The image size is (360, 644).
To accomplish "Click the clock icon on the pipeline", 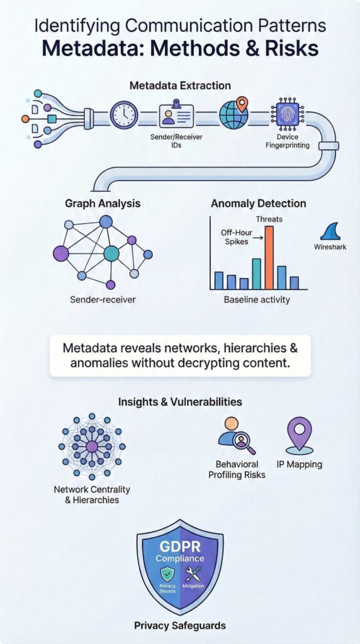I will tap(123, 115).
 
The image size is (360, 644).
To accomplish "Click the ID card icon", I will tap(176, 114).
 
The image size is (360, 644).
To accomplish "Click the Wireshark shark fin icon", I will tap(330, 230).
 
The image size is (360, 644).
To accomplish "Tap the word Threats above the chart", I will tap(269, 219).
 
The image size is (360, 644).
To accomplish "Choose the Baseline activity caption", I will tap(257, 300).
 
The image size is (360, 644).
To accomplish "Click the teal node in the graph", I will tap(111, 253).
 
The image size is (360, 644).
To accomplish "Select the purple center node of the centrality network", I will tap(92, 447).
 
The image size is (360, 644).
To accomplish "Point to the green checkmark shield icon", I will tap(167, 573).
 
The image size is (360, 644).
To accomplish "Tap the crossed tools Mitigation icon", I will tap(194, 574).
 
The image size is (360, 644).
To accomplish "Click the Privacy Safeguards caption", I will tap(179, 625).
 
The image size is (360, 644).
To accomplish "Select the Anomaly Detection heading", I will tap(258, 204).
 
